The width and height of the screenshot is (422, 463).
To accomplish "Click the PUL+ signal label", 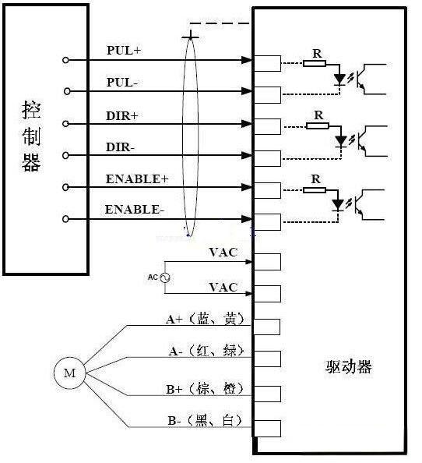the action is (x=124, y=50).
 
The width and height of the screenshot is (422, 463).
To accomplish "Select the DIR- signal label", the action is (x=120, y=147).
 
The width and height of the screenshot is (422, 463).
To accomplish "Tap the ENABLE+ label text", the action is (x=137, y=179).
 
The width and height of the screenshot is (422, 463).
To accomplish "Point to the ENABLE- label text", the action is (x=134, y=210).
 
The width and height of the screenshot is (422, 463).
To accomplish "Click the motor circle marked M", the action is (x=69, y=373).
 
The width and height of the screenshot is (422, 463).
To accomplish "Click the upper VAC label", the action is (x=223, y=253).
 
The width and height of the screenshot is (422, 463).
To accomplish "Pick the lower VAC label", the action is (x=223, y=288).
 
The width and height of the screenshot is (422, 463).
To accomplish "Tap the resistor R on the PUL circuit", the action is (x=315, y=63).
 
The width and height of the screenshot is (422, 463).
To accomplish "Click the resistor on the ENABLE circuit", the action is (x=315, y=190).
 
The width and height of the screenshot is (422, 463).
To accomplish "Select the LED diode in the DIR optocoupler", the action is (x=341, y=141).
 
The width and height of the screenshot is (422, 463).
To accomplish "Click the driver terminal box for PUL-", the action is (x=268, y=95).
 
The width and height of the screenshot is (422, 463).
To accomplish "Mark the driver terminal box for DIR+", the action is (x=268, y=127).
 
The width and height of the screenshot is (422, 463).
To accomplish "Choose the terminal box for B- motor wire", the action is (x=267, y=429).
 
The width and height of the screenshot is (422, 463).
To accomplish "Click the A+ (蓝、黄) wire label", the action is (x=206, y=319).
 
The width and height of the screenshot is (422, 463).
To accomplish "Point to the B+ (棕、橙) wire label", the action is (x=206, y=389).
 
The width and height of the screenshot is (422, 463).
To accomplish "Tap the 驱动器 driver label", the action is (x=349, y=367).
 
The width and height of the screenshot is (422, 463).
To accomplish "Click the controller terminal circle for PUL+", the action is (x=65, y=60).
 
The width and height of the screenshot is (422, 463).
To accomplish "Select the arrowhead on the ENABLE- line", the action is (x=247, y=219).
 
